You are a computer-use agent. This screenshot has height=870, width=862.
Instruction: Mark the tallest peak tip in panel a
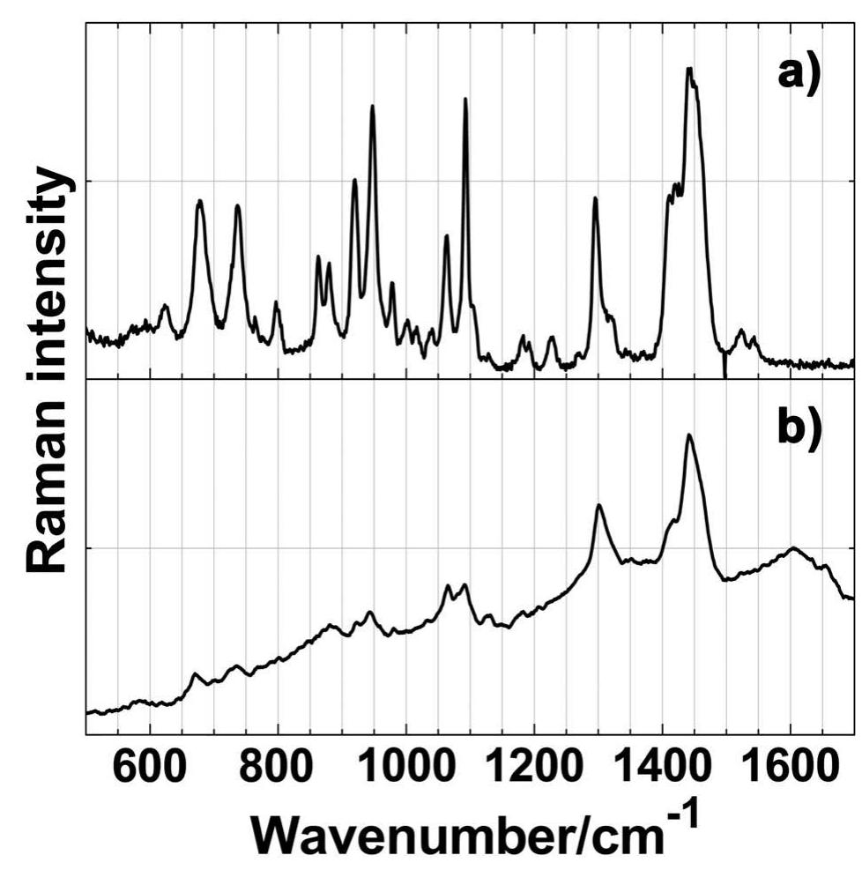pyautogui.click(x=689, y=68)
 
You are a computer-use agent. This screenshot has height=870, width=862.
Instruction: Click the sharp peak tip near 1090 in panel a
pyautogui.click(x=465, y=99)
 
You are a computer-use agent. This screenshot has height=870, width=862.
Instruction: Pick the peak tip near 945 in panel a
pyautogui.click(x=373, y=106)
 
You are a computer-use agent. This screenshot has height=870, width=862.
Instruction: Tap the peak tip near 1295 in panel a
pyautogui.click(x=595, y=197)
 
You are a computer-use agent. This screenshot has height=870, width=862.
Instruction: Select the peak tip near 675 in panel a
pyautogui.click(x=200, y=200)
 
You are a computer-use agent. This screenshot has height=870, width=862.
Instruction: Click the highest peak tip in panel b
pyautogui.click(x=688, y=435)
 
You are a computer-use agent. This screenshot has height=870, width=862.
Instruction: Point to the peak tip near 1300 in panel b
pyautogui.click(x=599, y=505)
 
